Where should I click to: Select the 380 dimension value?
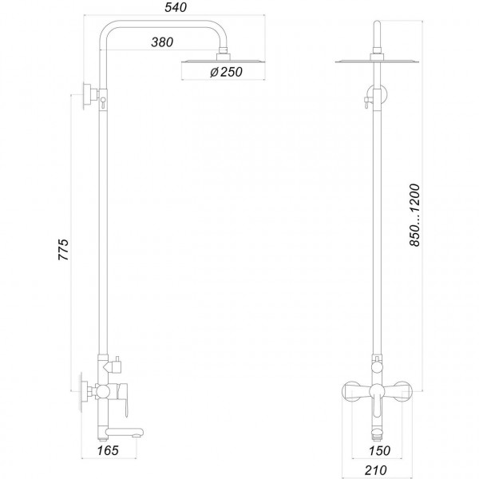(x=162, y=43)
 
